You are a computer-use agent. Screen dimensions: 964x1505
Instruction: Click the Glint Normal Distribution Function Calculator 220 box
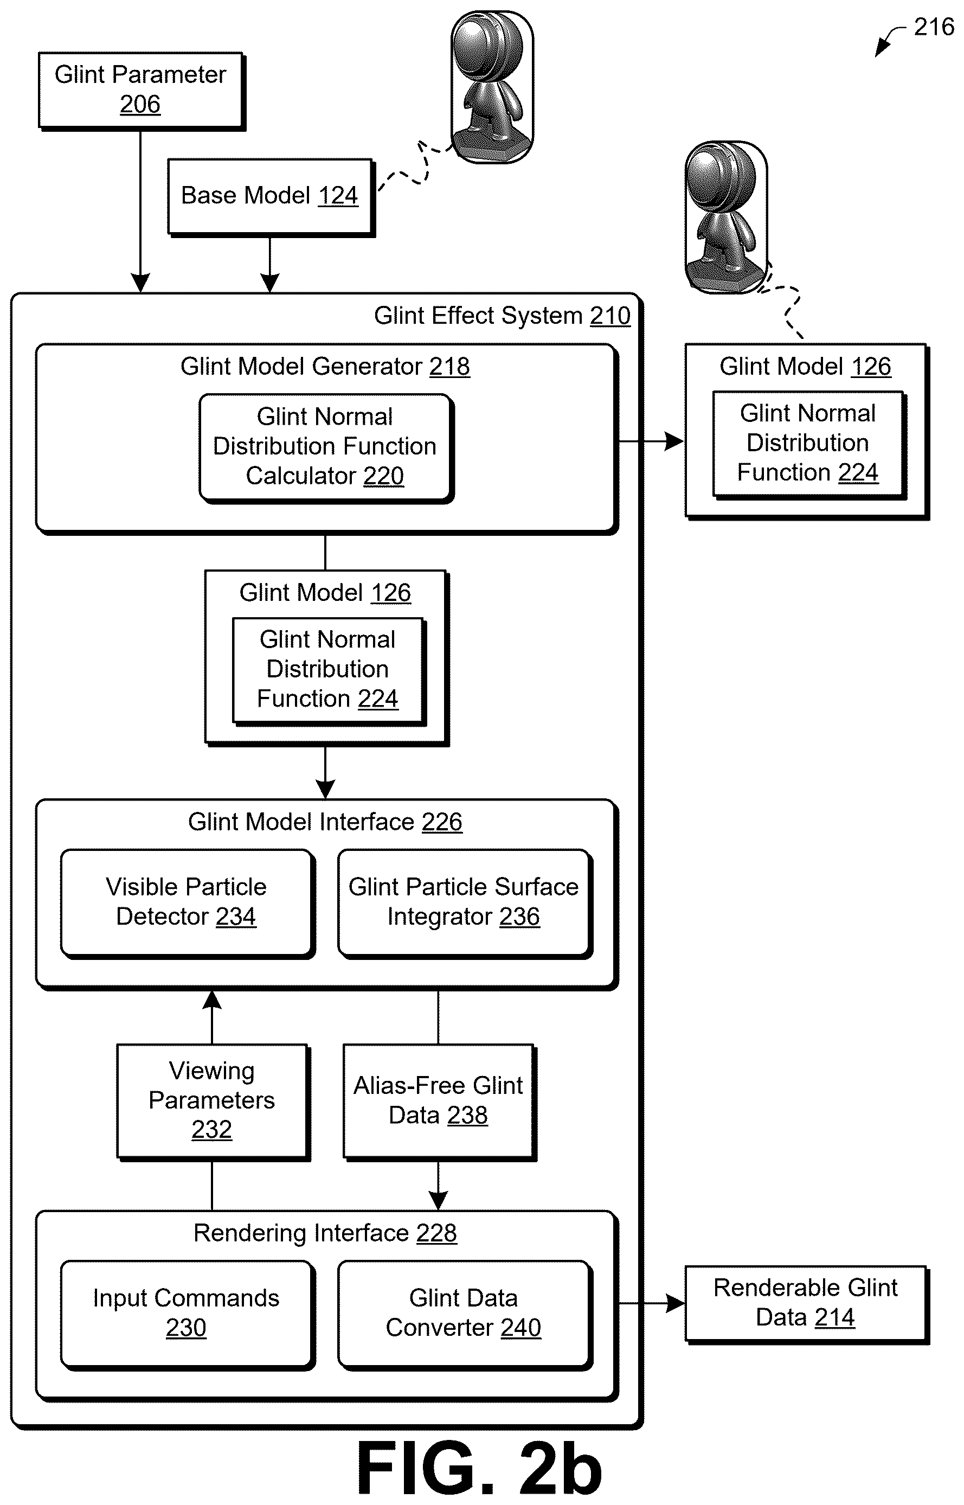pyautogui.click(x=326, y=447)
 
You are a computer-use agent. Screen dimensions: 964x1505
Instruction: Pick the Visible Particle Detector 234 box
pyautogui.click(x=187, y=904)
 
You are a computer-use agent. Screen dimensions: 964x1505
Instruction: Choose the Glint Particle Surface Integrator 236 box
pyautogui.click(x=465, y=904)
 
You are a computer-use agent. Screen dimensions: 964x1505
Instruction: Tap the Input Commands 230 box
pyautogui.click(x=187, y=1315)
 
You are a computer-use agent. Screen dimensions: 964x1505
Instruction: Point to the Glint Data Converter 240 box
pyautogui.click(x=465, y=1315)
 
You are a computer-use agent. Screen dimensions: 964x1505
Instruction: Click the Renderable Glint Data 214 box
pyautogui.click(x=807, y=1304)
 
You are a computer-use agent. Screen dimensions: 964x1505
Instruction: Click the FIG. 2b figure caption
pyautogui.click(x=479, y=1468)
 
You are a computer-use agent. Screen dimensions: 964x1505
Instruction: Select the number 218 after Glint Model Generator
pyautogui.click(x=449, y=367)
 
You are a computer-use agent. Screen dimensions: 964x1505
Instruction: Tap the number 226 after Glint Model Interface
pyautogui.click(x=442, y=822)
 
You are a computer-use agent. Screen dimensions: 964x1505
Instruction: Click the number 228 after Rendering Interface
pyautogui.click(x=436, y=1233)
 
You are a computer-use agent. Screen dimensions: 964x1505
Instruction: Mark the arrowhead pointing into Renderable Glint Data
pyautogui.click(x=675, y=1304)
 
